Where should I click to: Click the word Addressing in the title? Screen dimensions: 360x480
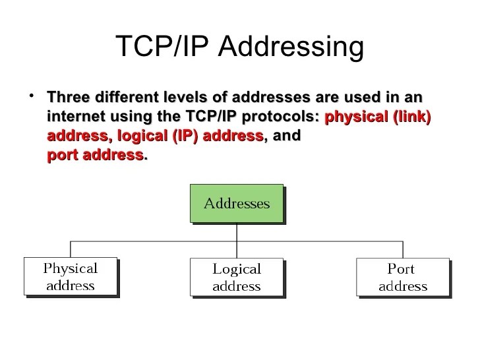click(290, 47)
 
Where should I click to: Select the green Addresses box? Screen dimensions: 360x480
click(237, 203)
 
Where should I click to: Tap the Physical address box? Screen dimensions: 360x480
click(70, 277)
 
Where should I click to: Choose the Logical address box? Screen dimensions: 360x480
click(237, 277)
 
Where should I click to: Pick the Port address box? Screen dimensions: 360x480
click(402, 277)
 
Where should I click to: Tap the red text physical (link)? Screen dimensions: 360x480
click(378, 117)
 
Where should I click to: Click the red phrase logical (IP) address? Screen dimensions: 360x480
click(190, 136)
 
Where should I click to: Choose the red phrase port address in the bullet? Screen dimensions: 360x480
click(95, 156)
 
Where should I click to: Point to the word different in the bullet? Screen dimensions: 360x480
click(125, 98)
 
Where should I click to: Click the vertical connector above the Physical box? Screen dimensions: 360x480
click(71, 249)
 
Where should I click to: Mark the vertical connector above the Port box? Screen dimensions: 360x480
click(403, 249)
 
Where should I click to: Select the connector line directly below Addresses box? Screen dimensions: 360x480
click(237, 231)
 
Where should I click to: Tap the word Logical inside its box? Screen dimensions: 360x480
click(237, 269)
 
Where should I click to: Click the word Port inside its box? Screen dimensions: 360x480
click(401, 269)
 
